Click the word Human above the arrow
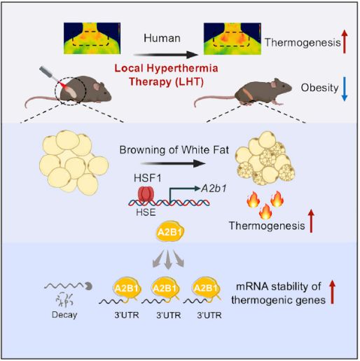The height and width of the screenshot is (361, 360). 162,38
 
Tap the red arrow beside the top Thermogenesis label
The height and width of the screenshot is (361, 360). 345,42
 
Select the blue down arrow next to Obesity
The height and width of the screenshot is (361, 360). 345,89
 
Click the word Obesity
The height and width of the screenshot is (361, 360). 319,88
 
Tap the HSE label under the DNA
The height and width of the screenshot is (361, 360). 146,212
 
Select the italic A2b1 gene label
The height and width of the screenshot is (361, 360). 214,189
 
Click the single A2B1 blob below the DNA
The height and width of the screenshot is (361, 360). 170,232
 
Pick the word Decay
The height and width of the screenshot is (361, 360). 64,315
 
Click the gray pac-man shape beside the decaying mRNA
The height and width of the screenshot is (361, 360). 89,286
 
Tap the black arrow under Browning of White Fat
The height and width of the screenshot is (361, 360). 173,163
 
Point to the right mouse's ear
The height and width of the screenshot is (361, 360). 274,83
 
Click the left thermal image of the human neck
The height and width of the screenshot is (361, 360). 92,39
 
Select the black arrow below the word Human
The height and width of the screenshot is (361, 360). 165,55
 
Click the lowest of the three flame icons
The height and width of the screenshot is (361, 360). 265,211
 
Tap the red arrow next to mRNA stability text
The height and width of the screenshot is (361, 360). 332,292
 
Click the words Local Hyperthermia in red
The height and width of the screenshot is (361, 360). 166,68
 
